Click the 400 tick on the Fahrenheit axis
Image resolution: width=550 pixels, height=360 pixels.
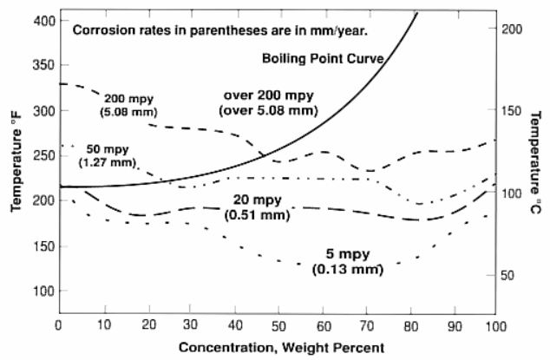tap(41, 20)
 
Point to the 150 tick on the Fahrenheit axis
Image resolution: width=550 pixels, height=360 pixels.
tap(41, 245)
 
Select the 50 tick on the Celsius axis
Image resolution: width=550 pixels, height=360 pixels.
tap(511, 275)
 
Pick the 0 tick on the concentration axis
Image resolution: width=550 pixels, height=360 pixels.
tap(58, 324)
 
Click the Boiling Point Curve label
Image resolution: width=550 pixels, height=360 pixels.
tap(323, 58)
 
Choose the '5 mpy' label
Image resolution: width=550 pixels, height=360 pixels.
tap(347, 255)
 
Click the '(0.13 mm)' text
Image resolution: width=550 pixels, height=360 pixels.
tap(347, 270)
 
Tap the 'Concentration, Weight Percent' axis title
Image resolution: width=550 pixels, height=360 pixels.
tap(276, 345)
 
